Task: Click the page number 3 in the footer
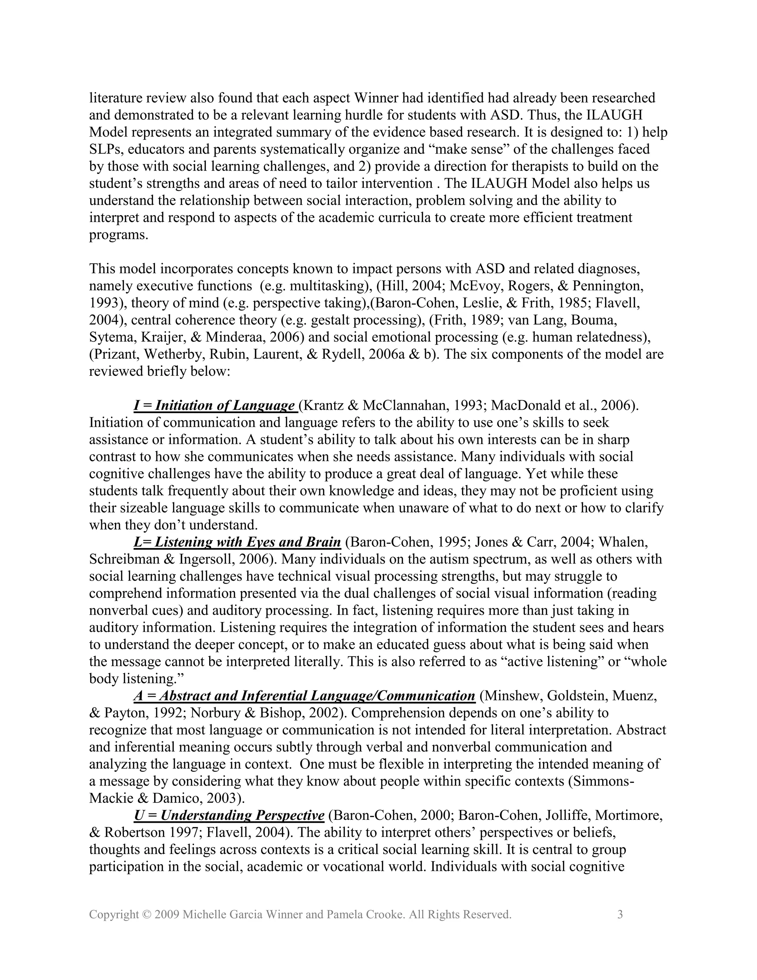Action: point(620,915)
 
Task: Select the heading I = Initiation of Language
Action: point(214,406)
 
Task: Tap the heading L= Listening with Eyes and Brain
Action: point(237,542)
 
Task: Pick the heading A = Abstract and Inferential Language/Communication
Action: point(304,696)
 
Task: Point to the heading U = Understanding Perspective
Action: point(229,815)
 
